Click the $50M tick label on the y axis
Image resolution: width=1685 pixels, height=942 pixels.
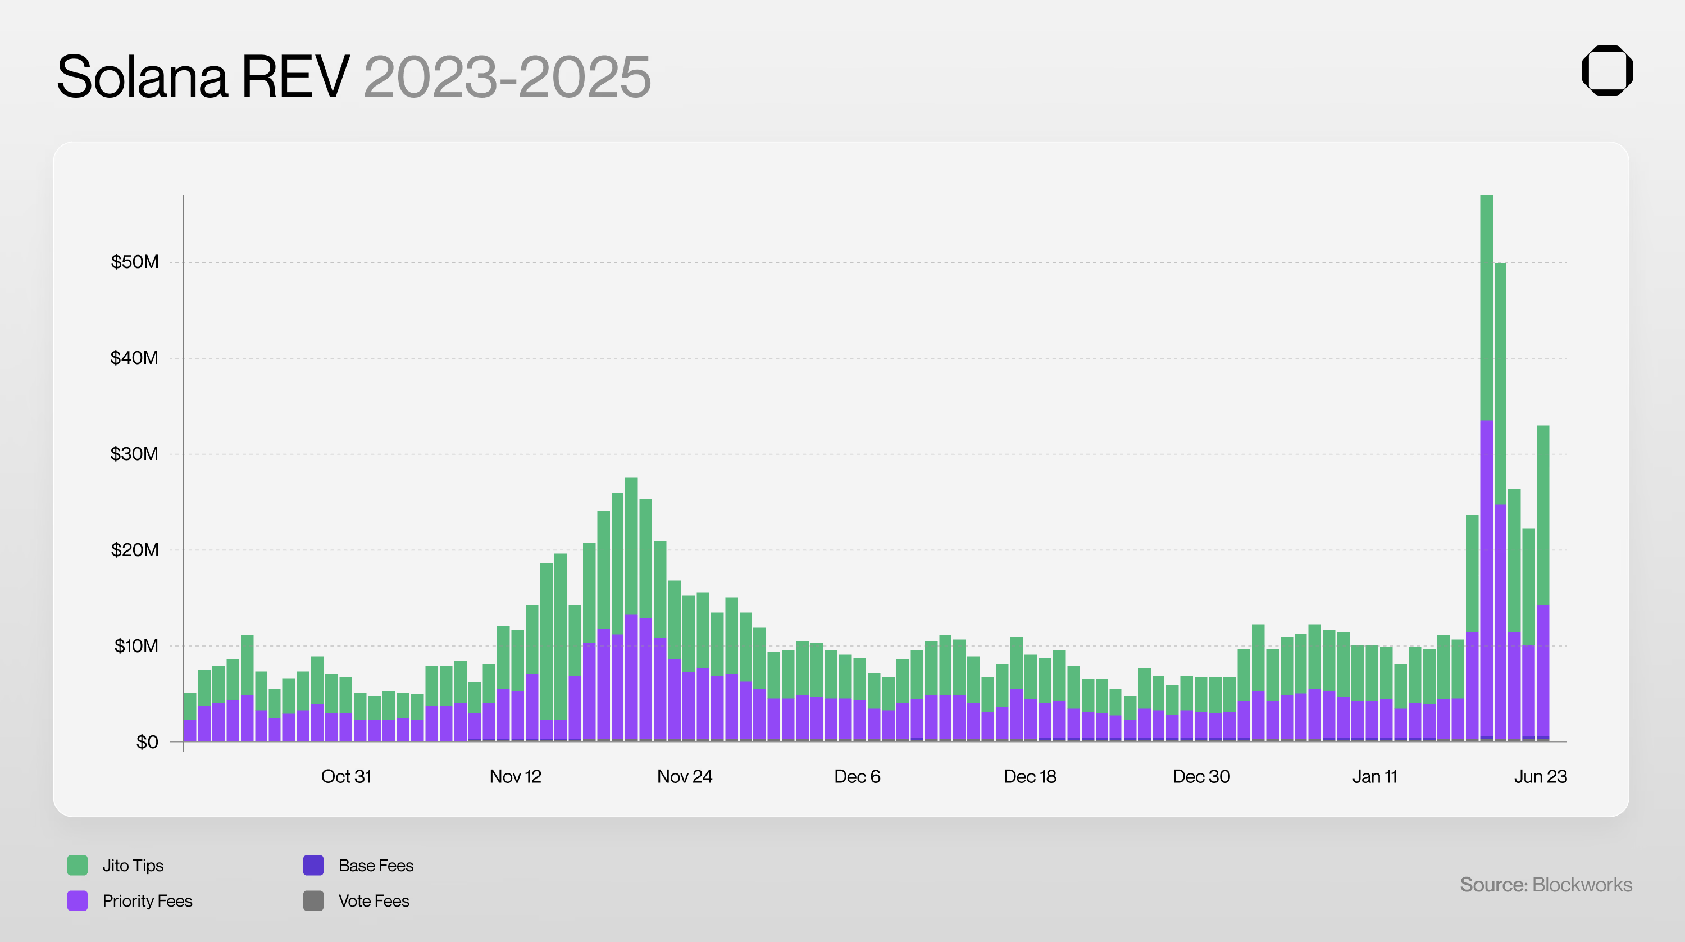[135, 262]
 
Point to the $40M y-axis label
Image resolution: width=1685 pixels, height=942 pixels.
[134, 358]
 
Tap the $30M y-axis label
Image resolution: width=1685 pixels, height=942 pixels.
[134, 454]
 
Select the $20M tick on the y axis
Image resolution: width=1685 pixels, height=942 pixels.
[135, 550]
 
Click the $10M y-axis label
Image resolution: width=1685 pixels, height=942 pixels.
[136, 647]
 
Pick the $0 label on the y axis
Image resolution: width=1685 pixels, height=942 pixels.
[147, 743]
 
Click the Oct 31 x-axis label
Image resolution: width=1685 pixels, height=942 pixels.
[346, 776]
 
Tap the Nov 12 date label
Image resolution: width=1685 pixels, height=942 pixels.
[516, 776]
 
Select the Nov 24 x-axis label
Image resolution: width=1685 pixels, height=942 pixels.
[684, 776]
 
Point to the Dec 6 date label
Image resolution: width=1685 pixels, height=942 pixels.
[857, 776]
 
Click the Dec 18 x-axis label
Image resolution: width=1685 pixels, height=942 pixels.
[1030, 776]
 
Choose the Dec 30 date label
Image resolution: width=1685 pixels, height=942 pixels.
[1201, 776]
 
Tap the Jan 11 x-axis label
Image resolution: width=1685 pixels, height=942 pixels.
[1374, 776]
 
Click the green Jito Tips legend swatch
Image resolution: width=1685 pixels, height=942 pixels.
[77, 866]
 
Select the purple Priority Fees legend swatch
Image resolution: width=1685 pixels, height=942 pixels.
[77, 901]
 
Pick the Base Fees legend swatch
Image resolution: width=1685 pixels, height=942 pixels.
[313, 866]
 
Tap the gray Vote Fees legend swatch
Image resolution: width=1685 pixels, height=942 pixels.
[313, 901]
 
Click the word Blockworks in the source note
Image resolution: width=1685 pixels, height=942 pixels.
[1582, 885]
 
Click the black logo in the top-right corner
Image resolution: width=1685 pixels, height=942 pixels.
[1606, 71]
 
